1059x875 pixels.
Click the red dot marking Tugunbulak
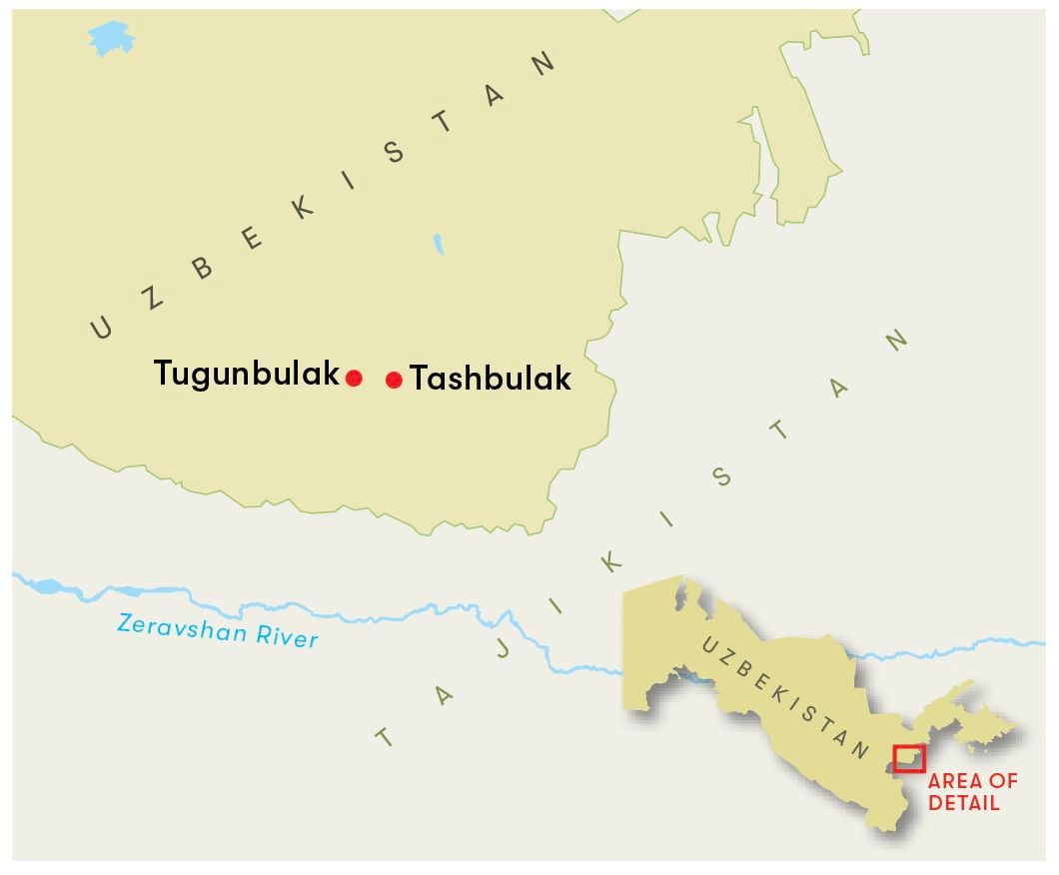354,377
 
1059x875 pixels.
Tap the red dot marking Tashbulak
394,380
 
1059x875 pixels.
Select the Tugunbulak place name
246,375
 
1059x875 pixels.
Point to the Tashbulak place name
491,380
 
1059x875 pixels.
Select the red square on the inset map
909,758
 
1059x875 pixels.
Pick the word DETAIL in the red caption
963,802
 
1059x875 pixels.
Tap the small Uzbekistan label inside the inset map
787,698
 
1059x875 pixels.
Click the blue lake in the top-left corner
109,39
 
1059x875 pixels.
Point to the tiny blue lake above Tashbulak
439,244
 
